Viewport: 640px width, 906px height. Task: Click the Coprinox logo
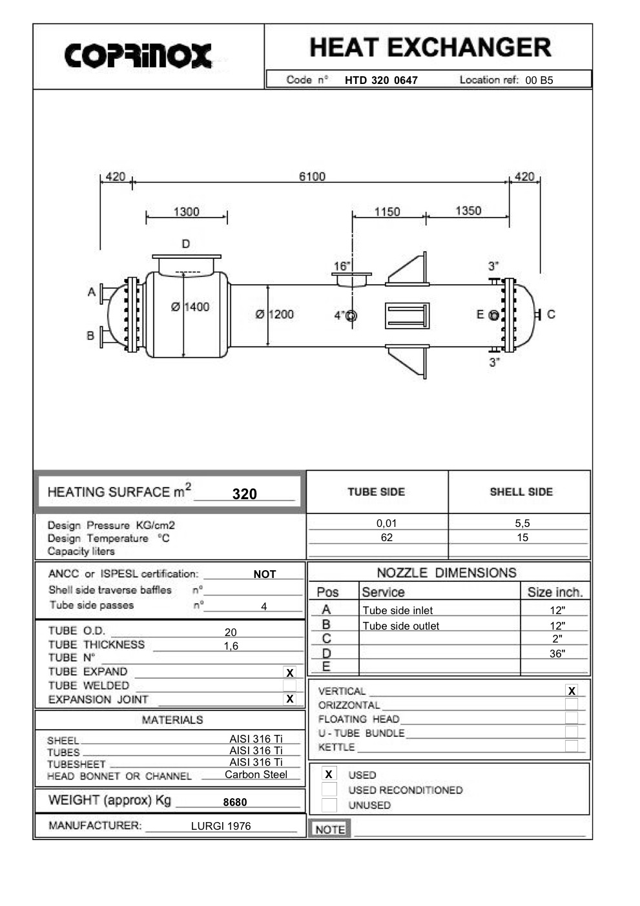pos(138,56)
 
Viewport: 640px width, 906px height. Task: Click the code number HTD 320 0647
pos(381,80)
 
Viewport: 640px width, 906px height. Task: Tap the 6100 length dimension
pos(312,176)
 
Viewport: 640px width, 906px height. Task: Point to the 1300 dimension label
pos(186,212)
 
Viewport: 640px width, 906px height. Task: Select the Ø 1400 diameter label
pos(191,307)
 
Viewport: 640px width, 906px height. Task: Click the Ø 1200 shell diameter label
pos(274,314)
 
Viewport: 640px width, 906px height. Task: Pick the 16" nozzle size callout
pos(342,266)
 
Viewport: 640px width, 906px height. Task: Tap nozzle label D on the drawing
pos(185,244)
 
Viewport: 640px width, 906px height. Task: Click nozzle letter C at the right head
pos(551,314)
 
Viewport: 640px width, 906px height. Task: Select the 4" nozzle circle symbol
pos(351,316)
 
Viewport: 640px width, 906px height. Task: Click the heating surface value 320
pos(245,494)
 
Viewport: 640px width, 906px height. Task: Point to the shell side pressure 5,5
pos(522,523)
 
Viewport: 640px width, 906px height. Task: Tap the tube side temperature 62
pos(386,537)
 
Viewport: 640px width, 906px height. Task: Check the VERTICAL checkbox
pos(572,691)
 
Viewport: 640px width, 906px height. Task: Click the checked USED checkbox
pos(329,774)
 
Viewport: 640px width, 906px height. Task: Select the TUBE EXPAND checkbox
pos(290,673)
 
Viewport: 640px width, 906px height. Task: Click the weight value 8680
pos(235,802)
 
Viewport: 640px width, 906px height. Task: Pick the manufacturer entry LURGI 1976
pos(221,826)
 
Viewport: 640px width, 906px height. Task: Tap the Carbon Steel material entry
pos(256,774)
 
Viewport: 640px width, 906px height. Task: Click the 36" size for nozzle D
pos(557,654)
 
